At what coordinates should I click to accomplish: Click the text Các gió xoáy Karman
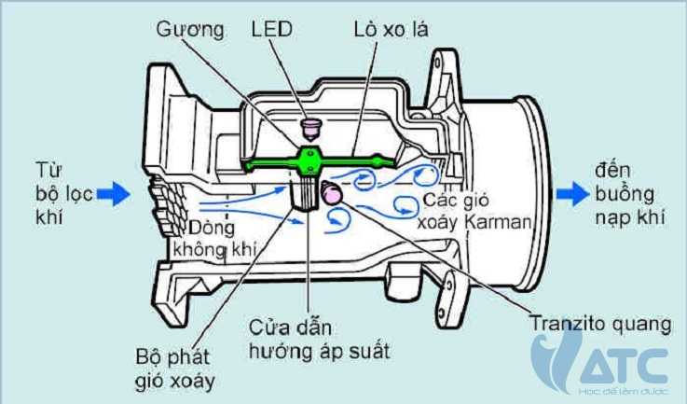click(x=474, y=212)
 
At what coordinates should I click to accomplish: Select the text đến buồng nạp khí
click(x=632, y=193)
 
